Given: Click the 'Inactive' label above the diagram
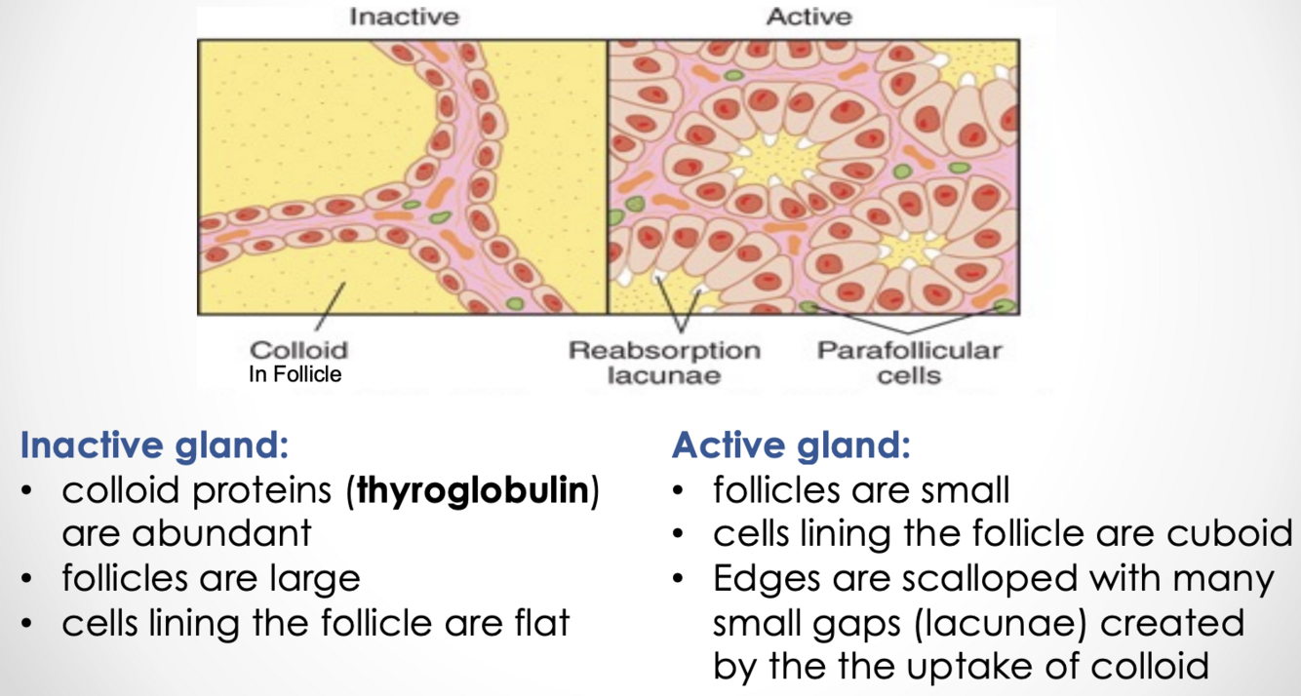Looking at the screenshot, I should (403, 17).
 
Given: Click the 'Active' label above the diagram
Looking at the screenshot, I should (808, 17).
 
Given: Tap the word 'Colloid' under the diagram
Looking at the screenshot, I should (298, 350).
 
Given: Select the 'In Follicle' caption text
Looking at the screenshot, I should (295, 374).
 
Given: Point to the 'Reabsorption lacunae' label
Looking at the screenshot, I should (664, 362).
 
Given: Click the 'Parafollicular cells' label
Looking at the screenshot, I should (908, 362).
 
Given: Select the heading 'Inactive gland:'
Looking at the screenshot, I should (154, 445).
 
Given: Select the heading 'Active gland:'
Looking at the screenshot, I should (790, 445).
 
